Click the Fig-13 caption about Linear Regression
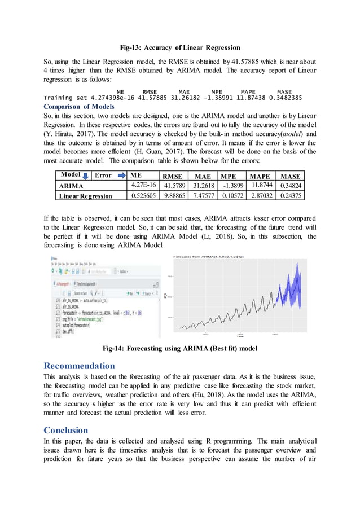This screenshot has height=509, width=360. [x=180, y=47]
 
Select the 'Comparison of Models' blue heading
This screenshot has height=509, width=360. [x=79, y=106]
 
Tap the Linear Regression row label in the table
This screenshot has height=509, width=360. [x=85, y=196]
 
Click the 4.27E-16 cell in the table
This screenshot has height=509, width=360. [x=140, y=185]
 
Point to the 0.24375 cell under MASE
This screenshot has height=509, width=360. [x=290, y=195]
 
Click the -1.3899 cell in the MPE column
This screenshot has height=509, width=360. [x=232, y=185]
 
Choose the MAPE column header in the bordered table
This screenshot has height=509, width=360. [x=260, y=175]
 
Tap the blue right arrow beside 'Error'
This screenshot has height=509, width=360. [x=124, y=175]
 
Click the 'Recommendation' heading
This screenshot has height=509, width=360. [x=79, y=366]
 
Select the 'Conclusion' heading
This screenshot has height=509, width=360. [x=68, y=430]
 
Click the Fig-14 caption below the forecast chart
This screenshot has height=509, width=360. [x=179, y=348]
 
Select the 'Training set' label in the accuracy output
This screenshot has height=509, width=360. [x=67, y=98]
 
